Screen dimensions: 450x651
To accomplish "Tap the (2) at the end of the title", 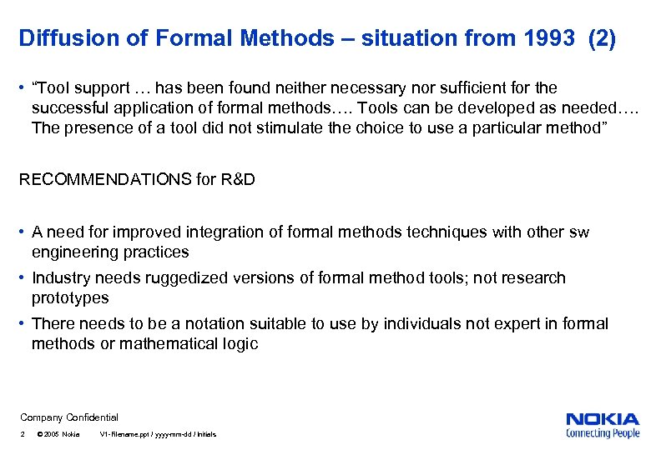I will [602, 38].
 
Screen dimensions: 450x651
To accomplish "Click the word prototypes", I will [70, 297].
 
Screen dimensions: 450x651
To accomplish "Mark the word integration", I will [243, 232].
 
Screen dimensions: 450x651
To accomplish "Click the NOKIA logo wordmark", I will [602, 419].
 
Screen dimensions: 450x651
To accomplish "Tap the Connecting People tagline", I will [602, 433].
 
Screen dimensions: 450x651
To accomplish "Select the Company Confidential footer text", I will [69, 417].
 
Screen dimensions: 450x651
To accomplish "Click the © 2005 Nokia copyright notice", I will [58, 434].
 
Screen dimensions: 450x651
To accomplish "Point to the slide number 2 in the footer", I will [23, 434].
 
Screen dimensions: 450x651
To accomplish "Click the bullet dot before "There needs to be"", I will [23, 323].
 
